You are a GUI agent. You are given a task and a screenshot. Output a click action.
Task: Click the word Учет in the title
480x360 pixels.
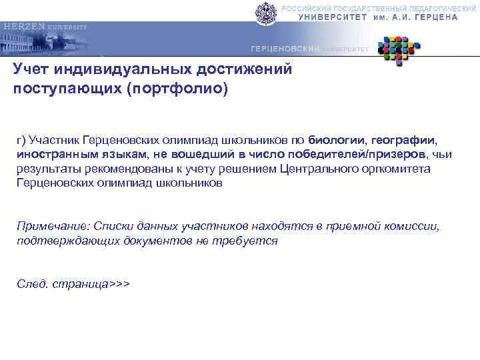click(x=33, y=70)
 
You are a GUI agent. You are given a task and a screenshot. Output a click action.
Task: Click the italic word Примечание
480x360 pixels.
click(x=51, y=226)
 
